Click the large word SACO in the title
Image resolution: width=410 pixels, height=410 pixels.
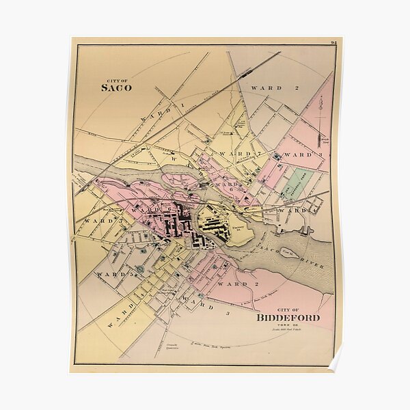click(x=116, y=87)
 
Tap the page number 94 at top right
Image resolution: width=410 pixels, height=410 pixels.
click(x=334, y=42)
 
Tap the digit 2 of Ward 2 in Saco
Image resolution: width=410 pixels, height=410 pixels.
click(x=297, y=88)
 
